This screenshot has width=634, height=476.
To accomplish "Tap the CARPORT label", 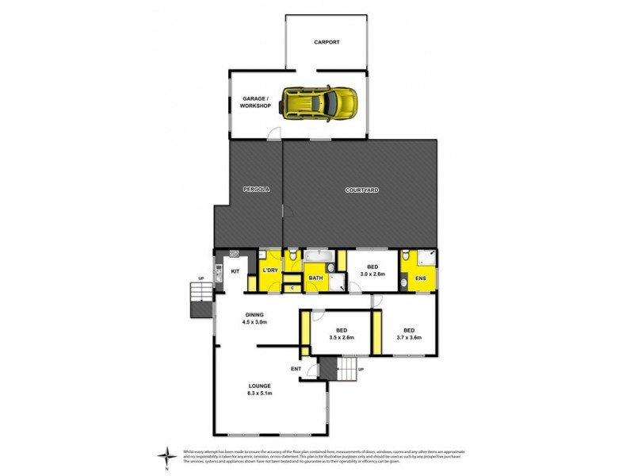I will tap(326, 42).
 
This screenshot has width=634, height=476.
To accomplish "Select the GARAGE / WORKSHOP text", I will tap(256, 102).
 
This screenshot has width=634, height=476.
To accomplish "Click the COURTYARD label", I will tap(361, 190).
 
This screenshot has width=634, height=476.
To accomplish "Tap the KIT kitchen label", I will tap(235, 271).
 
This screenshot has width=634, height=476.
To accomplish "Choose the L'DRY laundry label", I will tap(269, 271).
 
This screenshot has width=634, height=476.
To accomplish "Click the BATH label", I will tap(315, 278).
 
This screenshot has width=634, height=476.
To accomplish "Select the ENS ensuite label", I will tap(420, 278).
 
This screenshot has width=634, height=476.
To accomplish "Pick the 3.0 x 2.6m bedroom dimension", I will tap(371, 274).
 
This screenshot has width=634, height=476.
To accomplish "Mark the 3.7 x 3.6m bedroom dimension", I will tap(409, 337).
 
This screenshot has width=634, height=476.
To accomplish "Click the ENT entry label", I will tap(295, 369).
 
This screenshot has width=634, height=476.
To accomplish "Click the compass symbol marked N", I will tap(166, 455).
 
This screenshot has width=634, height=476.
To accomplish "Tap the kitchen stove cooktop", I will tap(235, 254).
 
